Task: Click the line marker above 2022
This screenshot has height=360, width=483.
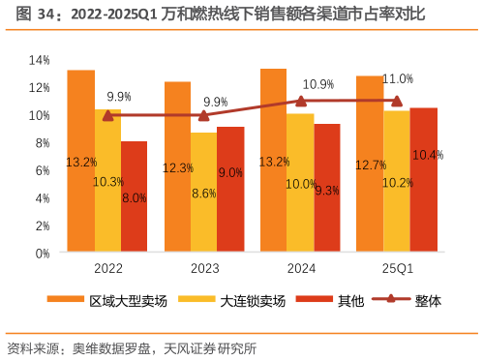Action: tap(107, 115)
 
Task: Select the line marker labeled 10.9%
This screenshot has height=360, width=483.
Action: tap(300, 101)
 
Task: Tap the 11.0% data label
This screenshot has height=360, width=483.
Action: tap(398, 78)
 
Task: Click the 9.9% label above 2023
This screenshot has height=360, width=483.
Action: tap(216, 102)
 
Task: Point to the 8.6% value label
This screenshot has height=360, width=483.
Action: tap(204, 194)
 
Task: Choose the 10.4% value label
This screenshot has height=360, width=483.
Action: tap(427, 155)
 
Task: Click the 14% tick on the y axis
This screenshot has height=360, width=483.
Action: tap(39, 60)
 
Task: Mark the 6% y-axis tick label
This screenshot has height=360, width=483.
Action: tap(42, 170)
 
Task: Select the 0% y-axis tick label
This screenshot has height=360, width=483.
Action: tap(42, 253)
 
